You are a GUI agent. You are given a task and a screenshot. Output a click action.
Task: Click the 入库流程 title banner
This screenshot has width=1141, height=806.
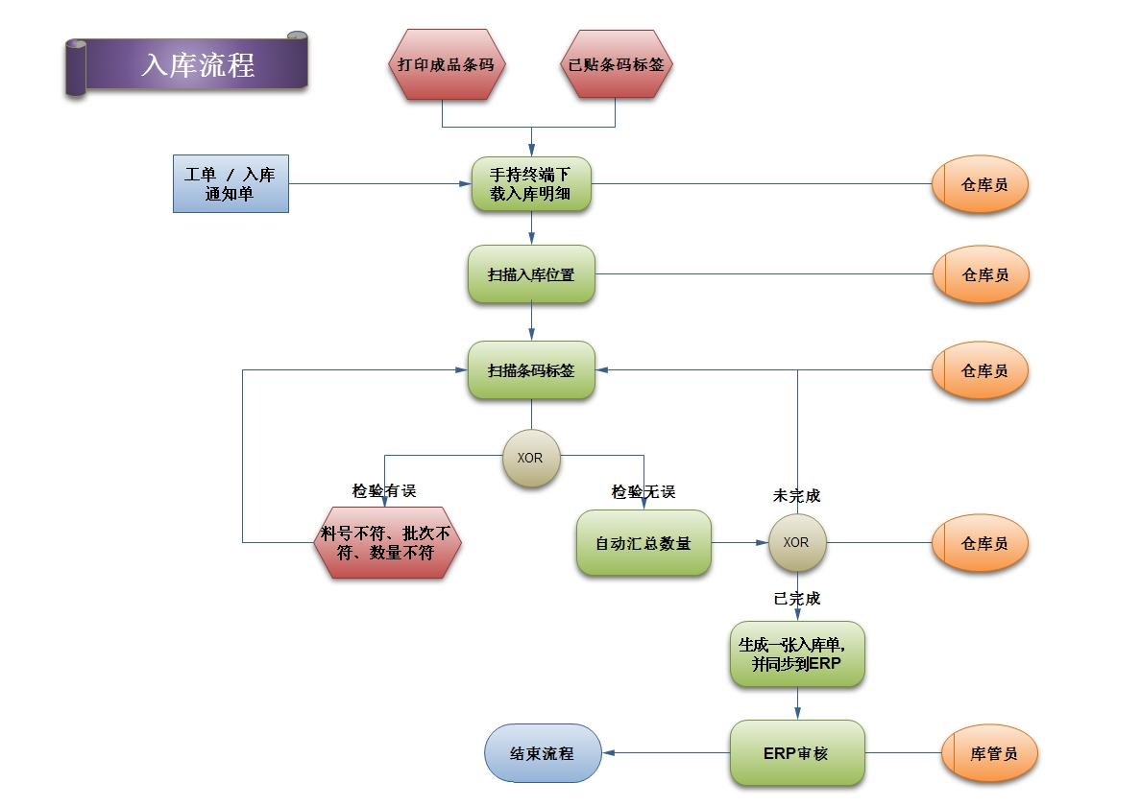[197, 65]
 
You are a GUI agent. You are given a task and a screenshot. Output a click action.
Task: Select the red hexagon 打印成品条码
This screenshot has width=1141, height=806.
[448, 65]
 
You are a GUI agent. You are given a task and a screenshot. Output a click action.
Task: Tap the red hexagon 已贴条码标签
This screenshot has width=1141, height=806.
[616, 65]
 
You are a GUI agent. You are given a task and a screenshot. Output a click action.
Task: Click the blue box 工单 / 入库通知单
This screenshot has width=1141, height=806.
[231, 183]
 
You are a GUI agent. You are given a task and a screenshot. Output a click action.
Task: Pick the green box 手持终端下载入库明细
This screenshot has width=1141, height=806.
[531, 183]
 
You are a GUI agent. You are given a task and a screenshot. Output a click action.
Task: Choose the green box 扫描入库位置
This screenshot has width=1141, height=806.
[531, 274]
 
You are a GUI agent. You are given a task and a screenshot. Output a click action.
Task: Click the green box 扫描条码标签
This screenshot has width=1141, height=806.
[531, 370]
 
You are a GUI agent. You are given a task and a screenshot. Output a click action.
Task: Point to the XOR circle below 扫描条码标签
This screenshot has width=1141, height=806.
[531, 458]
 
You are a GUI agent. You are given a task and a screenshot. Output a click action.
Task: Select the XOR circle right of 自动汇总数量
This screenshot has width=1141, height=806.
[796, 542]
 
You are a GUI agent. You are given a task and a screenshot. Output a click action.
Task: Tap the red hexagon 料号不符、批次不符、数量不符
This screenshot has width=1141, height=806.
[387, 543]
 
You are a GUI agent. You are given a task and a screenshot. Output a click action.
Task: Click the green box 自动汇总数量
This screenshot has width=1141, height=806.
[643, 543]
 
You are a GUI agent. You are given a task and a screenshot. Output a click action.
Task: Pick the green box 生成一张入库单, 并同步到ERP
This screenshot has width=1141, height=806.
[797, 654]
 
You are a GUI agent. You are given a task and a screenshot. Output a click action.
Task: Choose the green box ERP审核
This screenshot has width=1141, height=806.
[797, 753]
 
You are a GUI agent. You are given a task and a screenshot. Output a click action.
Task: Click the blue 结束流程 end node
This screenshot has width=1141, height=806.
[543, 753]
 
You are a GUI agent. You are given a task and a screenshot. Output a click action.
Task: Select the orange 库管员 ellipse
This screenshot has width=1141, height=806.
[989, 753]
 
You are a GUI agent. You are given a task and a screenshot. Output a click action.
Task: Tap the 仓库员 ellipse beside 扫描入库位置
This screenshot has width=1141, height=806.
[981, 274]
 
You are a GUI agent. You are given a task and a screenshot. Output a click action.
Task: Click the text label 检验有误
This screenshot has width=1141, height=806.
[384, 491]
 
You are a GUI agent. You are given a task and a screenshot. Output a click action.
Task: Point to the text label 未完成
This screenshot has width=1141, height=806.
[797, 496]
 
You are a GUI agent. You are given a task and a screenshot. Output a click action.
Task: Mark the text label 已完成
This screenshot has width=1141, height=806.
[797, 599]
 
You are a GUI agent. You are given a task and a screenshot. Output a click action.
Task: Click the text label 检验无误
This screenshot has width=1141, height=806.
[643, 492]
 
